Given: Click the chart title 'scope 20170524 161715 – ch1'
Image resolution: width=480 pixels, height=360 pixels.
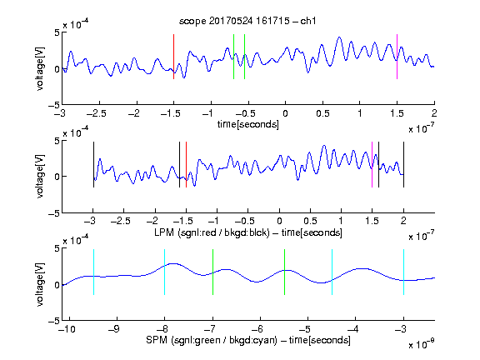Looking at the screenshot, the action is pos(247,21).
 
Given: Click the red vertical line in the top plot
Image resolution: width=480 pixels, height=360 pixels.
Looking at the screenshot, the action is pos(173,57).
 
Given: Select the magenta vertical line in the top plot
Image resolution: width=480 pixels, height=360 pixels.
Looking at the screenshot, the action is pos(397,57).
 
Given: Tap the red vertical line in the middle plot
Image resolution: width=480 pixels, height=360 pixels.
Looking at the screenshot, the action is pos(186,164).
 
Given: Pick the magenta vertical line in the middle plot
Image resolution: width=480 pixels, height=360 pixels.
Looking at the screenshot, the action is pos(372,164).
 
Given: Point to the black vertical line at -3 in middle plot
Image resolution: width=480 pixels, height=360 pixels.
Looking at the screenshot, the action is pos(93,164).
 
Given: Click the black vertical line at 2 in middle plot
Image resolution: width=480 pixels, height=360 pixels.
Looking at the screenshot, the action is pos(403,164).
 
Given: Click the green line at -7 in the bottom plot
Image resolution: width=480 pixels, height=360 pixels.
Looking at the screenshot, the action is pos(212,272).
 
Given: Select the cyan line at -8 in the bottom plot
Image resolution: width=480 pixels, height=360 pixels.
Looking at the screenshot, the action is pos(165,272).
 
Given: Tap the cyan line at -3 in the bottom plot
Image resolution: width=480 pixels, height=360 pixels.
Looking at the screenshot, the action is pos(403,272).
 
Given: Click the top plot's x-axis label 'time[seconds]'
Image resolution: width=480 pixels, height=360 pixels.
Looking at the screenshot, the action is pos(248,124).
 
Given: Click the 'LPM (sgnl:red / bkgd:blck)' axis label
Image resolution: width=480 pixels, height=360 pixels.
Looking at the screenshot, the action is pos(212,232).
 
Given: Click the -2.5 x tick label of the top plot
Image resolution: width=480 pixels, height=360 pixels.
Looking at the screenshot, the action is pos(96,113).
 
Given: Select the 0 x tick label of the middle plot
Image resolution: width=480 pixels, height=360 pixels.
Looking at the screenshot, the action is pos(279,221).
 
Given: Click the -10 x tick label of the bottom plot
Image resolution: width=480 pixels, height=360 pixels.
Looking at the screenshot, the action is pos(67,329).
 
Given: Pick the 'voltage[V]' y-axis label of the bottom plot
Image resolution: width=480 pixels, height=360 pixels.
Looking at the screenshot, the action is pos(40,284).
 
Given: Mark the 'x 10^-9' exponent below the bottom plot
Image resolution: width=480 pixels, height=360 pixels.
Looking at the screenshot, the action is pos(421,345).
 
